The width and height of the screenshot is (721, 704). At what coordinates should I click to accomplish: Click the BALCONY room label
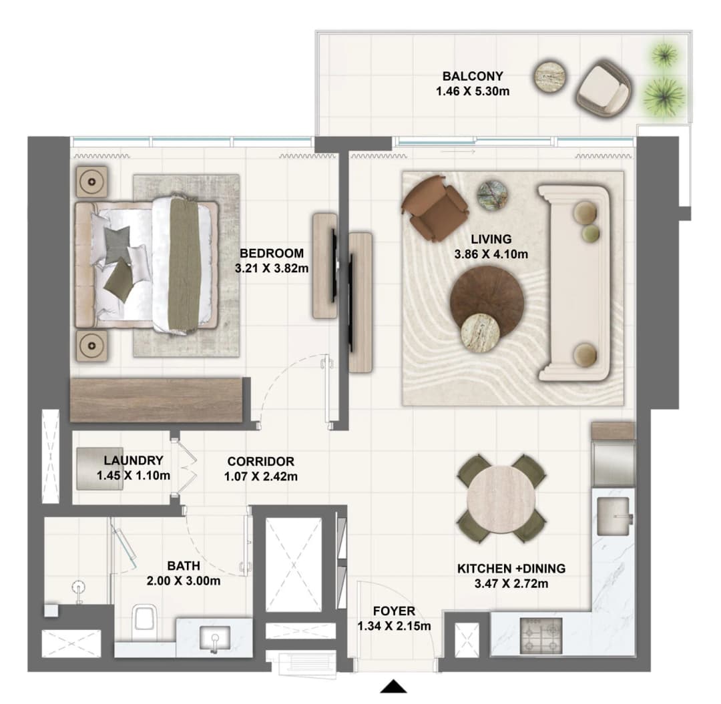(x=473, y=76)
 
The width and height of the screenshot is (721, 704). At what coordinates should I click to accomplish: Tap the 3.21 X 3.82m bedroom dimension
(x=272, y=268)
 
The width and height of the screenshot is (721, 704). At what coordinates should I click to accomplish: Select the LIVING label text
(x=491, y=239)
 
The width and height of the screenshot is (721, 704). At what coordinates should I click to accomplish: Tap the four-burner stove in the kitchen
(x=541, y=635)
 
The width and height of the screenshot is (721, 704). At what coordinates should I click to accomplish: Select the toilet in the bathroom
(x=144, y=622)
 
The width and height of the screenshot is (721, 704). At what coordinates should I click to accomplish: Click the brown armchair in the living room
(x=435, y=208)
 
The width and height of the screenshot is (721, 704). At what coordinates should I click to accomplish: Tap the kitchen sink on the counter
(x=614, y=516)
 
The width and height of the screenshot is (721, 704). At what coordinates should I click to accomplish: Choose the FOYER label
(x=394, y=611)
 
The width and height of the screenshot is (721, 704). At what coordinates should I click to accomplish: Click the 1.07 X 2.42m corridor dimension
(x=261, y=476)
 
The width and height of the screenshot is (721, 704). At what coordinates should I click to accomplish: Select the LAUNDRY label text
(x=134, y=460)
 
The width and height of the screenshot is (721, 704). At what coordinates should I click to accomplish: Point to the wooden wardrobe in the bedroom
(x=156, y=400)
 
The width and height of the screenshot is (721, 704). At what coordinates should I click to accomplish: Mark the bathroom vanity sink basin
(x=215, y=639)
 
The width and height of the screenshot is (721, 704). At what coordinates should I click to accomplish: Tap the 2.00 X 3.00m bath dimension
(x=184, y=581)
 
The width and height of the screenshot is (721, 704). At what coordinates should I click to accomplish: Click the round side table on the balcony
(x=550, y=77)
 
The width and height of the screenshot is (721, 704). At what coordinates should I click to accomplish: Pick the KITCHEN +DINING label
(x=511, y=569)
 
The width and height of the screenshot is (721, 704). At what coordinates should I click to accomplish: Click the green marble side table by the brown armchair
(x=492, y=196)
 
